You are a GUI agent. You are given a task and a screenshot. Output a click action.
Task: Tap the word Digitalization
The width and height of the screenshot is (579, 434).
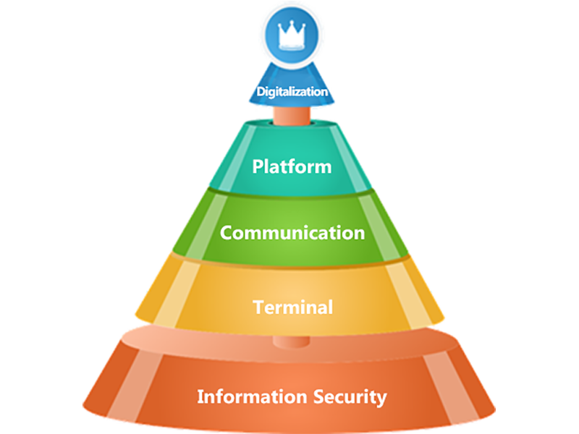coord(292,93)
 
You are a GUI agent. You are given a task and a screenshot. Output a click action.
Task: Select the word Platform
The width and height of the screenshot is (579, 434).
coord(292,166)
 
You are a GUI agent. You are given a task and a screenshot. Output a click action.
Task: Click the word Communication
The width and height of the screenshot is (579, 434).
coord(292,233)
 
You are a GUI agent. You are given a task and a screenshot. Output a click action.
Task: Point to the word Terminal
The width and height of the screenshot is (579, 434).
coord(292,307)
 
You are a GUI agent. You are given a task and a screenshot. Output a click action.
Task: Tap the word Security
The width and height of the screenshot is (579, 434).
coord(351,397)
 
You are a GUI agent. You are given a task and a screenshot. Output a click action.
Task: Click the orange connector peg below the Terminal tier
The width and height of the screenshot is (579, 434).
coord(292,339)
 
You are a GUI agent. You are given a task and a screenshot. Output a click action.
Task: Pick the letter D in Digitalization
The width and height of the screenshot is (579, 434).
coord(261,93)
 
